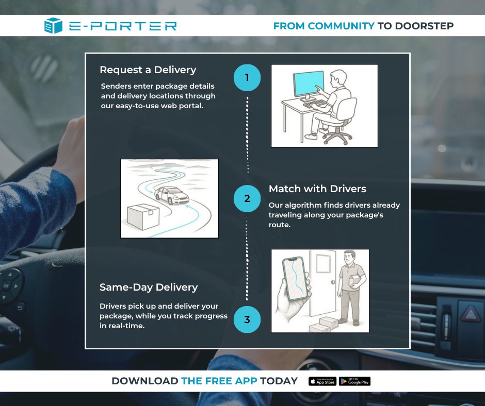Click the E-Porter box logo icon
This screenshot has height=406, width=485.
coord(53,26)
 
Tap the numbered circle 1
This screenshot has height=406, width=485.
coord(247,78)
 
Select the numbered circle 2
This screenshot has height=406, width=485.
coord(247,198)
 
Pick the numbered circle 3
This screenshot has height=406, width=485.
coord(247,319)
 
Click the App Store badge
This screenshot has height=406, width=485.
coord(322,381)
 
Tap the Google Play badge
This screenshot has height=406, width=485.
coord(354,381)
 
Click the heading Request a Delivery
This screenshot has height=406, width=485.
coord(148,70)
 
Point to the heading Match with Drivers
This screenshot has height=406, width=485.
coord(317,189)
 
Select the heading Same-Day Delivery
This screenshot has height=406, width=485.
coord(149,287)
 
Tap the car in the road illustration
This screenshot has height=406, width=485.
coord(172,195)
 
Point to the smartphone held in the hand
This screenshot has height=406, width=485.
coord(296,278)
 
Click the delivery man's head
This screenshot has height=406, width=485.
coord(350,257)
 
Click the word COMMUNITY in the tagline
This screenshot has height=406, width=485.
coord(341,26)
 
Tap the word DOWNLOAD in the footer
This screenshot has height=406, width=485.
coord(145,381)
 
